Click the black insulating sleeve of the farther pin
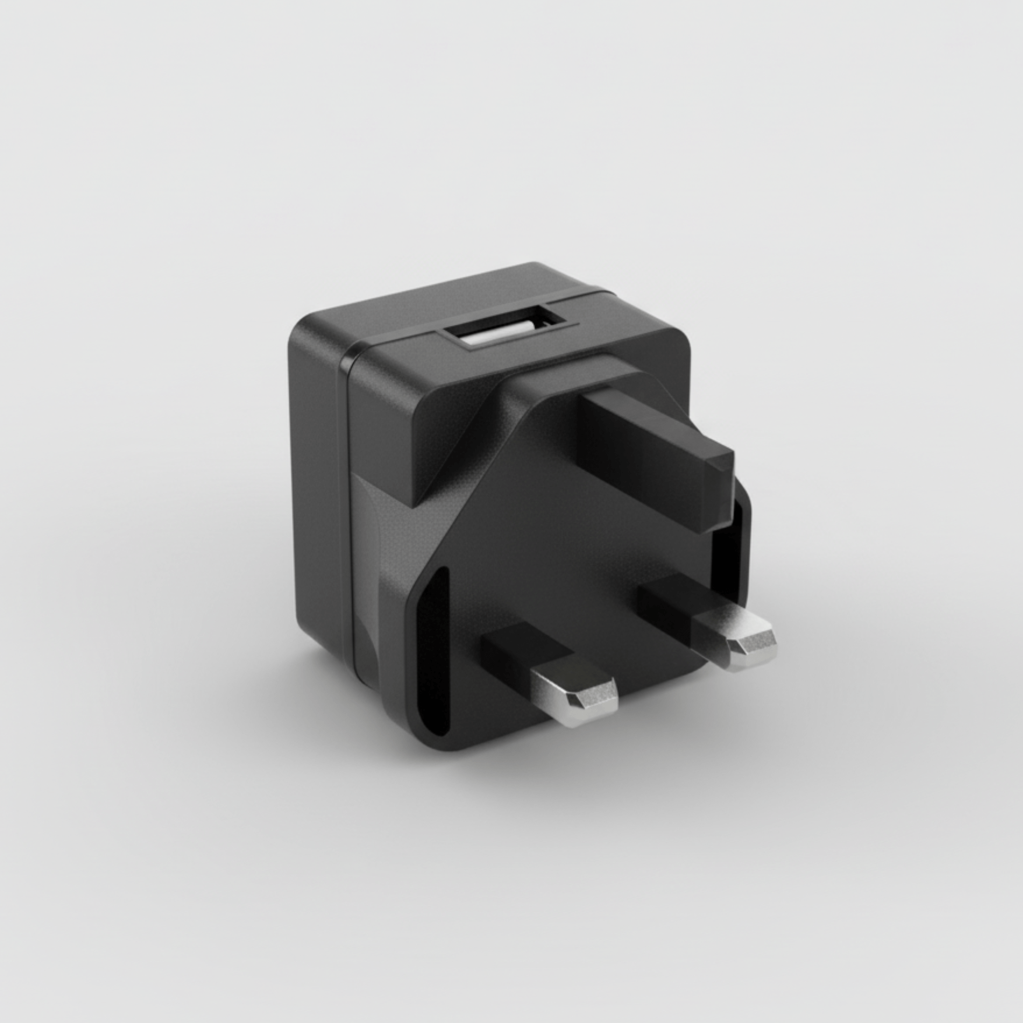click(670, 600)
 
